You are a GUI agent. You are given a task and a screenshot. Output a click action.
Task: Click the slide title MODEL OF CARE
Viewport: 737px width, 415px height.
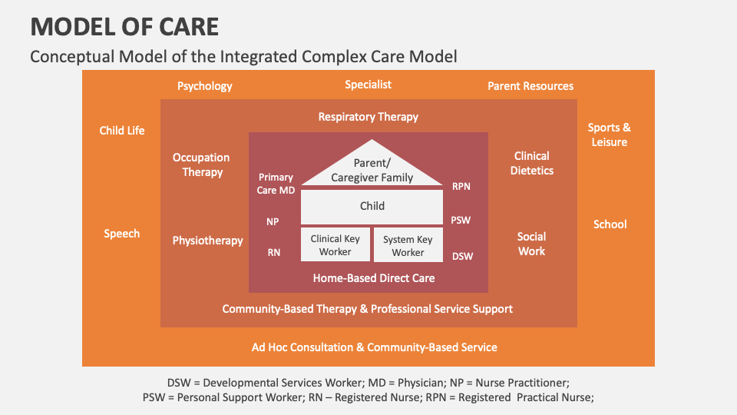click(124, 27)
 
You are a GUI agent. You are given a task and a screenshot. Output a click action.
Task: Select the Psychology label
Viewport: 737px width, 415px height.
click(204, 86)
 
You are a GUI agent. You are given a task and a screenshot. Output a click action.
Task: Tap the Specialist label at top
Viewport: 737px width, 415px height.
click(368, 85)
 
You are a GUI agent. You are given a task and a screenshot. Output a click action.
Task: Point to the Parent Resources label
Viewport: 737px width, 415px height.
click(530, 86)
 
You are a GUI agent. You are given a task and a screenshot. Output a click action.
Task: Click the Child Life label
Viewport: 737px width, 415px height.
click(122, 131)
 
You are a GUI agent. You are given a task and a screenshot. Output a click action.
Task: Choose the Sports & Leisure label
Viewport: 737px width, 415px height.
click(609, 134)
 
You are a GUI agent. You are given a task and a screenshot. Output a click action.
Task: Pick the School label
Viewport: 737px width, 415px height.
click(610, 224)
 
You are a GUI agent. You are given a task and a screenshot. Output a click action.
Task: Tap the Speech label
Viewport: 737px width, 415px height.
click(122, 234)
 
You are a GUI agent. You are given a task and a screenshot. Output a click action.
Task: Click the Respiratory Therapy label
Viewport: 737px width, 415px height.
click(368, 117)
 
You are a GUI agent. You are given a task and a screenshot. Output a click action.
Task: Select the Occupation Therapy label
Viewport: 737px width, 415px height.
click(202, 164)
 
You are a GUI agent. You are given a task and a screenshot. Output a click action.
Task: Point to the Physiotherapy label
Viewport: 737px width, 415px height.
click(207, 241)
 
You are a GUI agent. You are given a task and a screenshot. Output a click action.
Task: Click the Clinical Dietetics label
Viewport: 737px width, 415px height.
click(531, 163)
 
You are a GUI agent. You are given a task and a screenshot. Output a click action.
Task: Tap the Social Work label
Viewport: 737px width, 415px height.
click(531, 244)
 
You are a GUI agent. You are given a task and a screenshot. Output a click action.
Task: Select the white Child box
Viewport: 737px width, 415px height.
click(372, 206)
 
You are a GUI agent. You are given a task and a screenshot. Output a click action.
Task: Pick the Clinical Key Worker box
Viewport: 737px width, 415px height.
click(335, 245)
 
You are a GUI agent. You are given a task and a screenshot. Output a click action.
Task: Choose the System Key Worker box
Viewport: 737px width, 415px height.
click(408, 246)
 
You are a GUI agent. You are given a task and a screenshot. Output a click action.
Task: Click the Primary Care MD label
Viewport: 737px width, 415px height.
click(276, 182)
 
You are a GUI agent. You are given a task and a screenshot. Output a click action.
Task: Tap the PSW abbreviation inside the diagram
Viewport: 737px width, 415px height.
click(461, 221)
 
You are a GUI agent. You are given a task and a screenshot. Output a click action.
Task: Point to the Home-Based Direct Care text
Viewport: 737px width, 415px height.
click(373, 278)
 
